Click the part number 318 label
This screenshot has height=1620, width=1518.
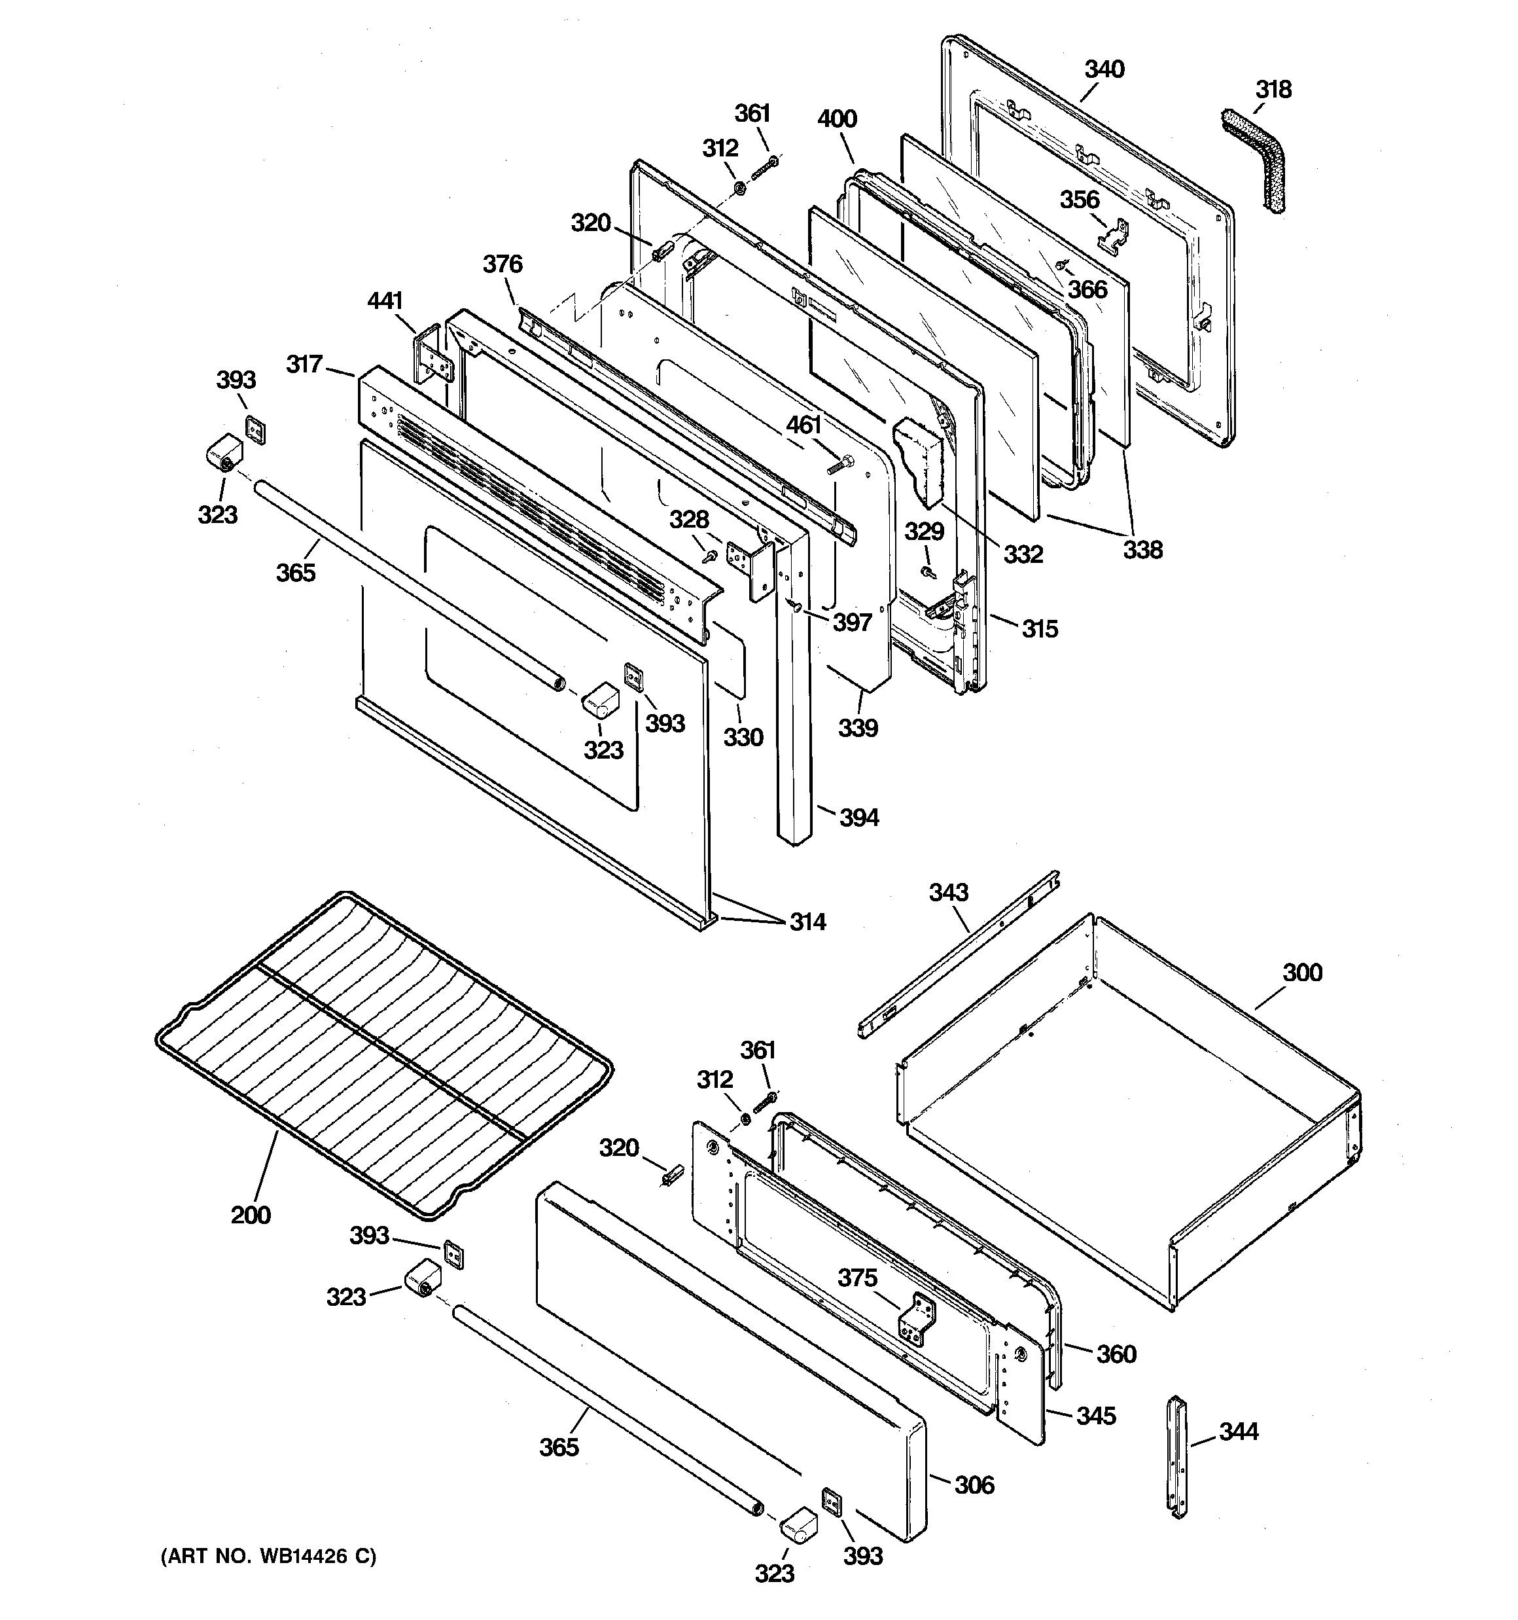(1273, 89)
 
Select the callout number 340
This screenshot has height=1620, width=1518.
(1104, 69)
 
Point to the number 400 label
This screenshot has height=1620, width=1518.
(837, 119)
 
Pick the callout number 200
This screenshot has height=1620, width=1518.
(250, 1215)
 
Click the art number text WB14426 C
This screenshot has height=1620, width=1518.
(269, 1557)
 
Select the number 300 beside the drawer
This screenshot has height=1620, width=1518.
(1302, 972)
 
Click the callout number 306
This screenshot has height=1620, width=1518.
(974, 1485)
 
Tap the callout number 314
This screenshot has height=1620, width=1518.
(807, 922)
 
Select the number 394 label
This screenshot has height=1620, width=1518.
(859, 818)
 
